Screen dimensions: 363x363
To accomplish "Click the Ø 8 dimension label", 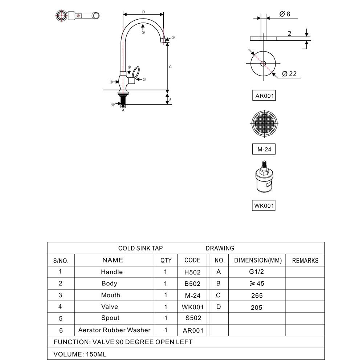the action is click(x=285, y=14).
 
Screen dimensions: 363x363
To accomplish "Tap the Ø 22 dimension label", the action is click(x=289, y=74).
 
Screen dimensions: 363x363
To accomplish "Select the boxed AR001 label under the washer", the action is click(x=264, y=95).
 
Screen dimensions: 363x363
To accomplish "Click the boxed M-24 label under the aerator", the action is click(x=264, y=149).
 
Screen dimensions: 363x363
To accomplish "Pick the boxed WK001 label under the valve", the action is click(x=264, y=205).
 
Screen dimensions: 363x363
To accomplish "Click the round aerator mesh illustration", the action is click(x=264, y=123).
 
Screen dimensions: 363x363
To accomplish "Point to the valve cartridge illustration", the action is click(x=264, y=177).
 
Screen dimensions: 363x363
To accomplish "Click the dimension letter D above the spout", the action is click(x=143, y=12).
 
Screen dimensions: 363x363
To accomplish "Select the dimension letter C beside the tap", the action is click(x=170, y=67).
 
